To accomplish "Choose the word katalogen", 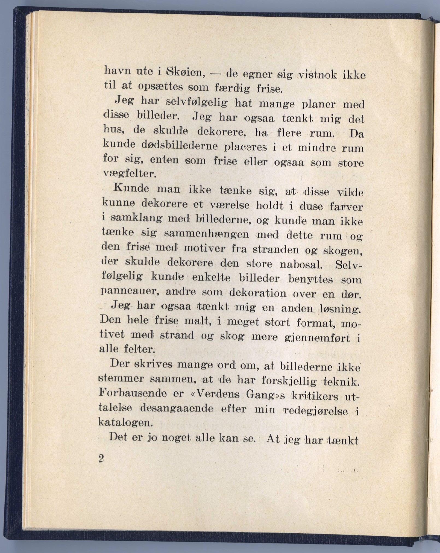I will coord(124,422).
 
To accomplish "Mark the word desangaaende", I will coord(177,409).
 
